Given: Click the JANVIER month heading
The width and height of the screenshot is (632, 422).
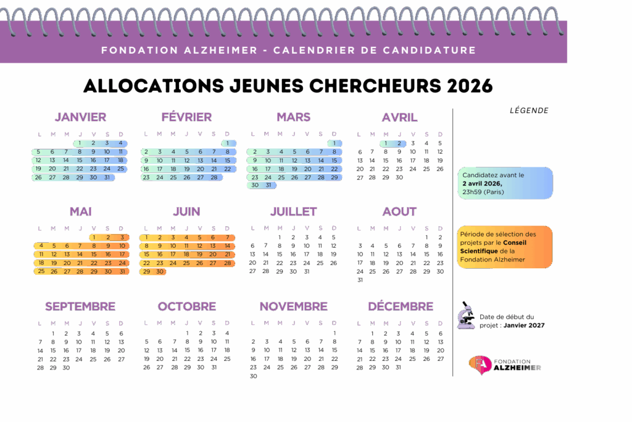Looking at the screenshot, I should [80, 117].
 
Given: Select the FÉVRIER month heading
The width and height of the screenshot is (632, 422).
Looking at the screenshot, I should [186, 117].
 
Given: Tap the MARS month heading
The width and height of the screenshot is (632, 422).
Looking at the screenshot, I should [293, 117].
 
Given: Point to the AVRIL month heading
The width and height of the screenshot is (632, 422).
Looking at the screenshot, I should [399, 117].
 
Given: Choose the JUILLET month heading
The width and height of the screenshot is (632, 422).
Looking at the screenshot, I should [293, 211].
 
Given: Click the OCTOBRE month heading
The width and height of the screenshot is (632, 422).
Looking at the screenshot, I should [186, 306].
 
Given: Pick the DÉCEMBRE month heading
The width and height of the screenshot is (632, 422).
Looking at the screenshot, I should [401, 306].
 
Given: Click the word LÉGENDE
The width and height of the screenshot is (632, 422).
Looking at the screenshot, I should [529, 111].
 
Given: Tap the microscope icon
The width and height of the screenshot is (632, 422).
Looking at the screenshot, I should [466, 315].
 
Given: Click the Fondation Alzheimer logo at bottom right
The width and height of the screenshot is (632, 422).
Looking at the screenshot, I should [504, 364].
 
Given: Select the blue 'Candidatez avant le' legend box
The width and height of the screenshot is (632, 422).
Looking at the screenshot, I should [505, 184].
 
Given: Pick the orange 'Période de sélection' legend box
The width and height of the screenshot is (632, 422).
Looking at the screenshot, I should [505, 247].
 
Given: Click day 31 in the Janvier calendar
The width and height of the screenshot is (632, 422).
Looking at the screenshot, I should [107, 177].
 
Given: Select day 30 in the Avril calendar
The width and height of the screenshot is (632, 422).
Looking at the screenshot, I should [399, 177].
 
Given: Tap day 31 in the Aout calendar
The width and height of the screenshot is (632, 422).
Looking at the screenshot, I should [360, 280].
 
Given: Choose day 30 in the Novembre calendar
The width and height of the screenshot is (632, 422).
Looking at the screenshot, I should [253, 376].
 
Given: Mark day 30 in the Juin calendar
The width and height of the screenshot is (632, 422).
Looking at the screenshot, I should [160, 271].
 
